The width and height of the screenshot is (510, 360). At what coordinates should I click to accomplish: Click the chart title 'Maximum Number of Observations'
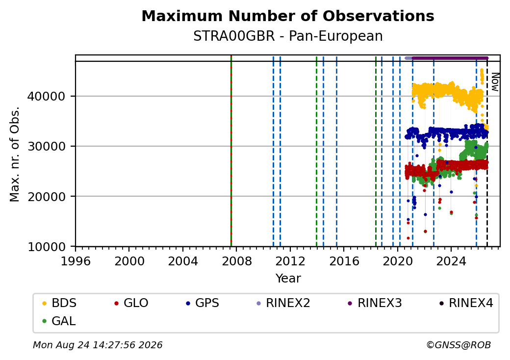(288, 16)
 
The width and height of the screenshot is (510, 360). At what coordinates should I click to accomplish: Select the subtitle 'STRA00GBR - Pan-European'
(288, 36)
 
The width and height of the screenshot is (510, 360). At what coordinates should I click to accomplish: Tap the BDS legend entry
(59, 303)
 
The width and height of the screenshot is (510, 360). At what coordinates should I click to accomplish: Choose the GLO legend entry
(131, 303)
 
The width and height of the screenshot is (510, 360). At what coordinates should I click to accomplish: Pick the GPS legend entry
(203, 303)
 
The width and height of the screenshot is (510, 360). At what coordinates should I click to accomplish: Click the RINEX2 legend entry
(283, 303)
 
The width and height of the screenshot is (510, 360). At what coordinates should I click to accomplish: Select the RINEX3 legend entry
(375, 303)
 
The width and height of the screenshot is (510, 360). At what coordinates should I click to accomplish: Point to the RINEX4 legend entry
(466, 303)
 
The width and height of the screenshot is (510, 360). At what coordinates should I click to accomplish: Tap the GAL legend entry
(59, 321)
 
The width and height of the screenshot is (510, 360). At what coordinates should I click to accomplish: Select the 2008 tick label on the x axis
(236, 261)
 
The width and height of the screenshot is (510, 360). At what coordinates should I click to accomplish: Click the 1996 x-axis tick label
(76, 261)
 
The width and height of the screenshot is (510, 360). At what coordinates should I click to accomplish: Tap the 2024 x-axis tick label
(451, 261)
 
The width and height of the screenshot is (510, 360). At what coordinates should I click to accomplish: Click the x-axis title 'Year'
(288, 279)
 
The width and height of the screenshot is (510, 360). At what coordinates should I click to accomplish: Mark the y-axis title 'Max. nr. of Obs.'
(15, 154)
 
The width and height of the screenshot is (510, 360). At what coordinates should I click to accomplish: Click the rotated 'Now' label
(495, 82)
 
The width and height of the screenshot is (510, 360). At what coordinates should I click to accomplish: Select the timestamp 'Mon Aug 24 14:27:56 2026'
(98, 345)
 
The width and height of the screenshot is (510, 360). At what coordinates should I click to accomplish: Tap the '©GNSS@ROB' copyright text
(459, 345)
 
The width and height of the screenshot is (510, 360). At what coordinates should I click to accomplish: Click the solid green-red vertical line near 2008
(231, 151)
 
